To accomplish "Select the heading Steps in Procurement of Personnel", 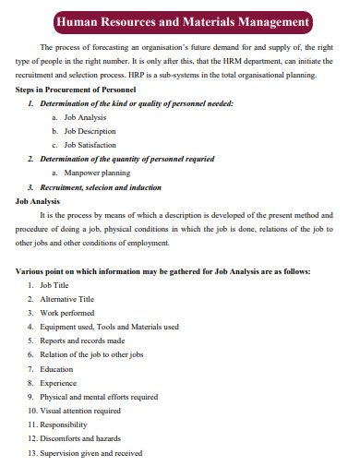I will click(x=77, y=90).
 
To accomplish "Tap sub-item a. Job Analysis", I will click(x=85, y=117).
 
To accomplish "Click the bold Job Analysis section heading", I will click(x=39, y=199).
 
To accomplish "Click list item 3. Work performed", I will click(x=65, y=313).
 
